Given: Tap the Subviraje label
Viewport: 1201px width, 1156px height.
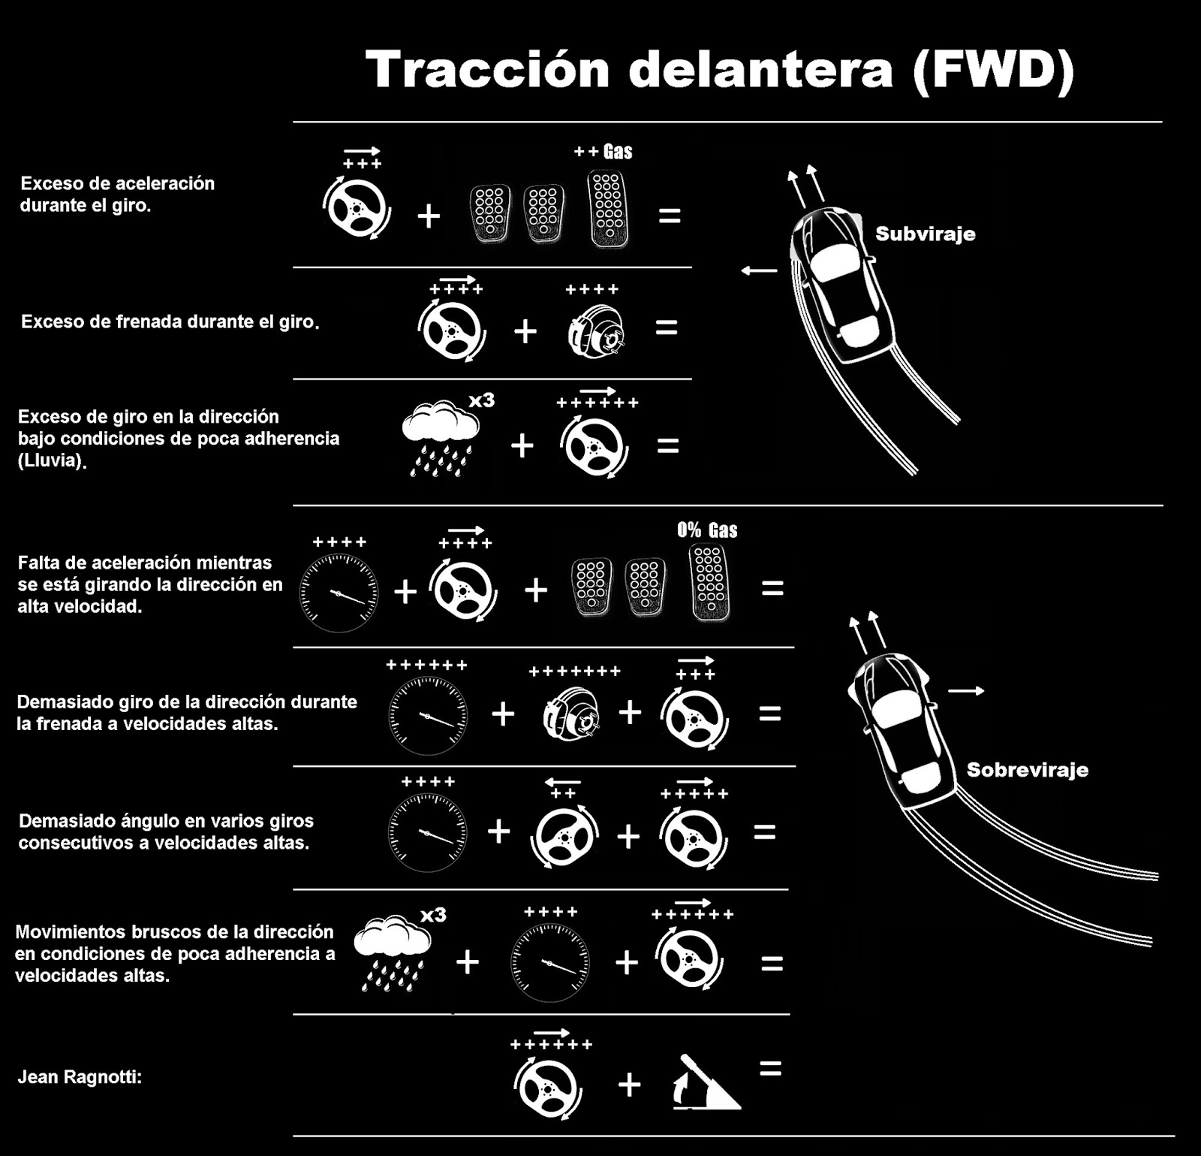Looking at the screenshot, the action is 925,234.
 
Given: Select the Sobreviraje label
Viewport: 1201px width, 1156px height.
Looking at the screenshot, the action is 1027,769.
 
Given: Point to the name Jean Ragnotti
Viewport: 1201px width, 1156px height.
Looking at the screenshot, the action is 80,1077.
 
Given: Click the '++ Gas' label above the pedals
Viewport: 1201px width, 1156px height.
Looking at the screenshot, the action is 603,152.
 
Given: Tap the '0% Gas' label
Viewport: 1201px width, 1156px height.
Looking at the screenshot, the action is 707,530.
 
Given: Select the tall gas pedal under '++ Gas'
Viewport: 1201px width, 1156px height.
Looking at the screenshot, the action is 607,208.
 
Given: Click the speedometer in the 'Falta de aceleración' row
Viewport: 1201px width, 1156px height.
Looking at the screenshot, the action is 339,592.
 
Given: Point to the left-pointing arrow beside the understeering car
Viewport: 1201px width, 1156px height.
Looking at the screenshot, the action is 759,270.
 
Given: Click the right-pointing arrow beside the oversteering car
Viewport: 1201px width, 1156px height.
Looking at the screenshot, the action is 966,690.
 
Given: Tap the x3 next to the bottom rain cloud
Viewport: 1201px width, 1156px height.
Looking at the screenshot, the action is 433,915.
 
